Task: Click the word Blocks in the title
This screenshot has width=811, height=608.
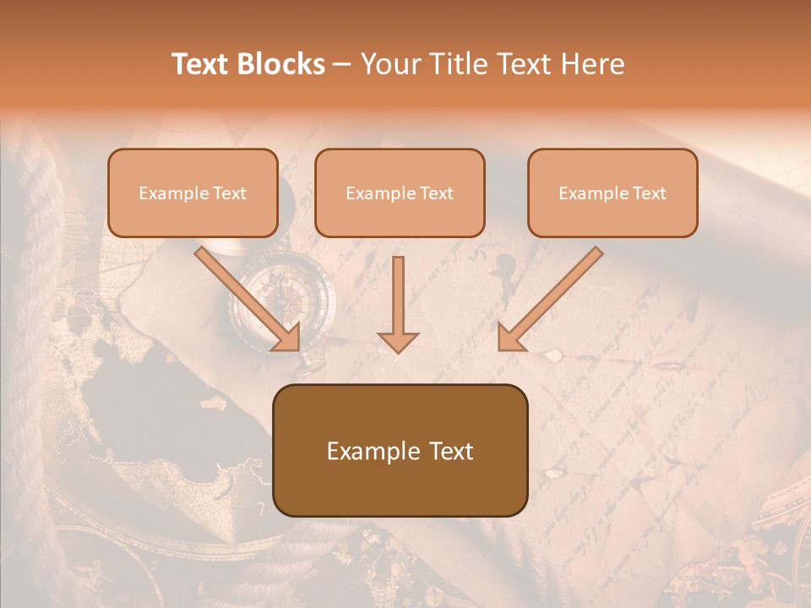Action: click(x=280, y=64)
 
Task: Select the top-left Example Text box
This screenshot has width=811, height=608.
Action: click(x=193, y=193)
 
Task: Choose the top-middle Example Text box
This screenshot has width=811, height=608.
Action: click(x=400, y=193)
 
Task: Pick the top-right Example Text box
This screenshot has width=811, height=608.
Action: click(x=612, y=193)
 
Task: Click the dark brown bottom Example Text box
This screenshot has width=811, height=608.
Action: click(x=400, y=451)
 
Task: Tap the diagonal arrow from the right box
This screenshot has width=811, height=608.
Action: click(x=551, y=298)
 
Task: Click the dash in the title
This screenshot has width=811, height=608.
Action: click(x=342, y=65)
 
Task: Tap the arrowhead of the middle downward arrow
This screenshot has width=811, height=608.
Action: click(x=398, y=341)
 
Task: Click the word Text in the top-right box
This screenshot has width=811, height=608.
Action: click(x=650, y=193)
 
